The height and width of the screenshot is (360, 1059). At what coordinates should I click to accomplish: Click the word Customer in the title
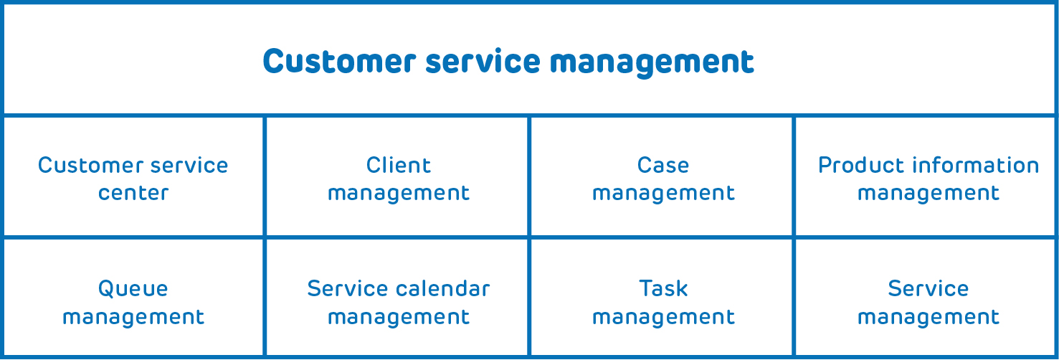coord(339,62)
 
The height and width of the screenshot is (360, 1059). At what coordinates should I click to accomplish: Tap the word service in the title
coord(483,62)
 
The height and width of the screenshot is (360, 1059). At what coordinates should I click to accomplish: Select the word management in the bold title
coord(652,63)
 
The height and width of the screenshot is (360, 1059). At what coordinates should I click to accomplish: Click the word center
coord(133,193)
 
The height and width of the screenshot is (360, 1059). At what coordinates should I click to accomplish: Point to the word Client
coord(399,166)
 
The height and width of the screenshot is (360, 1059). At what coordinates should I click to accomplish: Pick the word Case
coord(663,166)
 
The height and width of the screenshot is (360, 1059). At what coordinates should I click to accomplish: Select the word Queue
coord(133,289)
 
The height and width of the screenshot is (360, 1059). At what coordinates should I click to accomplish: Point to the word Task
coord(663,288)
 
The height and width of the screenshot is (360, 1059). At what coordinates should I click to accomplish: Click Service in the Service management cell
coord(929,288)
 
